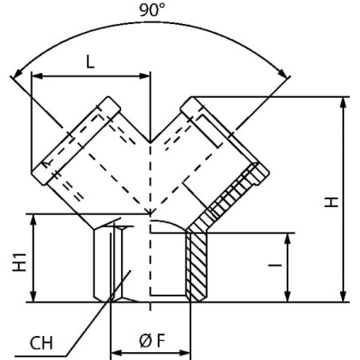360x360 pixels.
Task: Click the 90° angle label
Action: click(x=152, y=10)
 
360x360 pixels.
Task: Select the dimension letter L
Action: click(x=91, y=62)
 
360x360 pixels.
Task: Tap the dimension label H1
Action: click(x=20, y=262)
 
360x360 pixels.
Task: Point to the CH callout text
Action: click(x=41, y=343)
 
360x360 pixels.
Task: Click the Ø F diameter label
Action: click(x=152, y=341)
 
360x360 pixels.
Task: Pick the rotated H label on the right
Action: click(x=331, y=202)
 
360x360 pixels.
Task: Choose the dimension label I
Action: click(x=275, y=265)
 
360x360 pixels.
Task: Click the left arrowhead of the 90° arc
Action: click(x=18, y=73)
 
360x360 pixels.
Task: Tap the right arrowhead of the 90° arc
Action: click(x=284, y=72)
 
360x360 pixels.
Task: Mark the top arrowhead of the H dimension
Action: click(x=343, y=103)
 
